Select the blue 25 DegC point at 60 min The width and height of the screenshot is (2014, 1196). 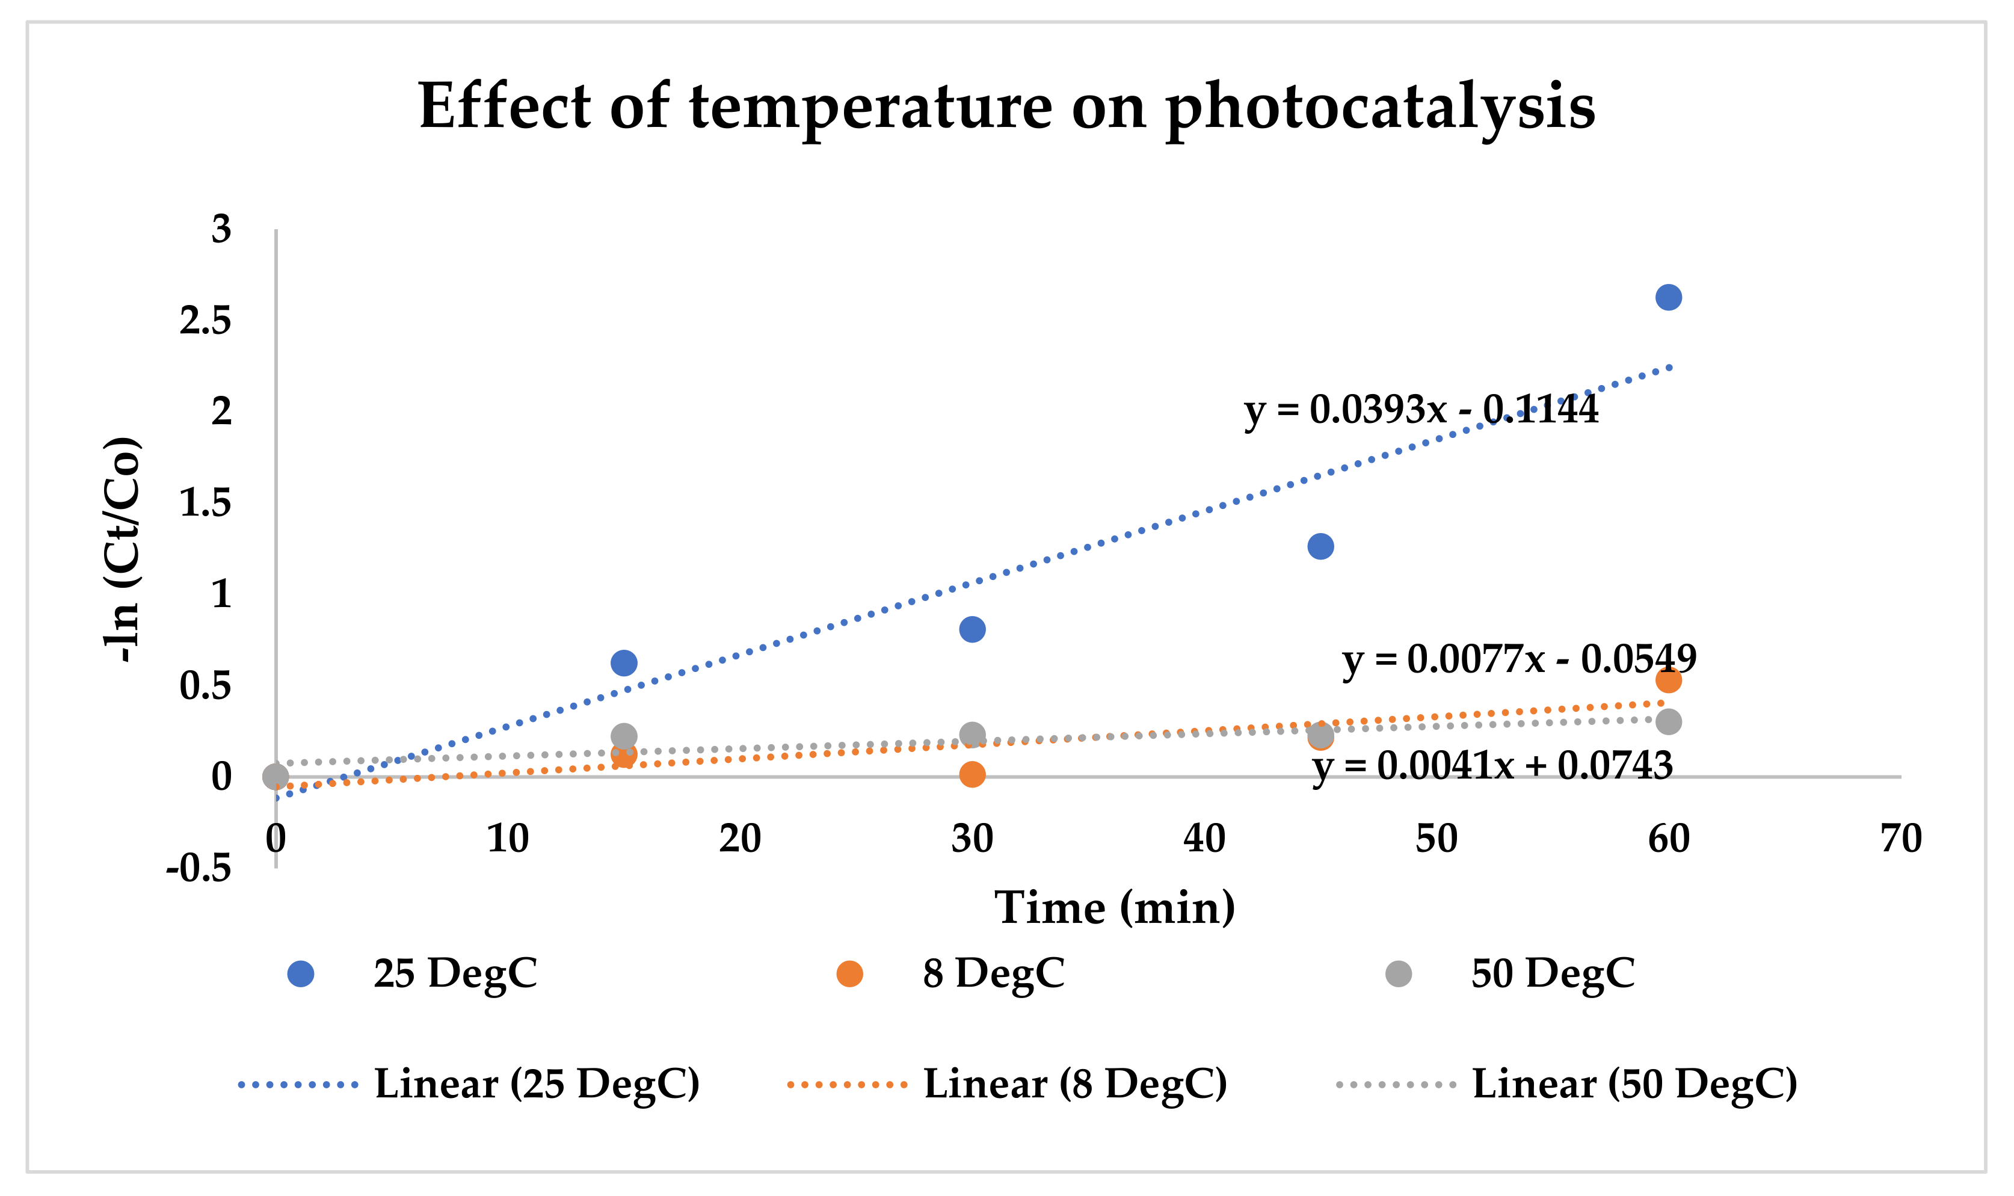point(1668,297)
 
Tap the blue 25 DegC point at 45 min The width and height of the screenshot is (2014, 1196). point(1320,546)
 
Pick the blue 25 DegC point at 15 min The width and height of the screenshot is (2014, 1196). point(624,664)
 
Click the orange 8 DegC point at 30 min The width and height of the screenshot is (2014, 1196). point(972,774)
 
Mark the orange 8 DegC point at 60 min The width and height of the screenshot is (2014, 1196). point(1668,680)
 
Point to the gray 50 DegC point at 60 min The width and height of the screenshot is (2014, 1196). point(1668,721)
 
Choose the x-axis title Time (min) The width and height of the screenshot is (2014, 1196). point(1114,908)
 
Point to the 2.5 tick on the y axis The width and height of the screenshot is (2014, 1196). point(205,321)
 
